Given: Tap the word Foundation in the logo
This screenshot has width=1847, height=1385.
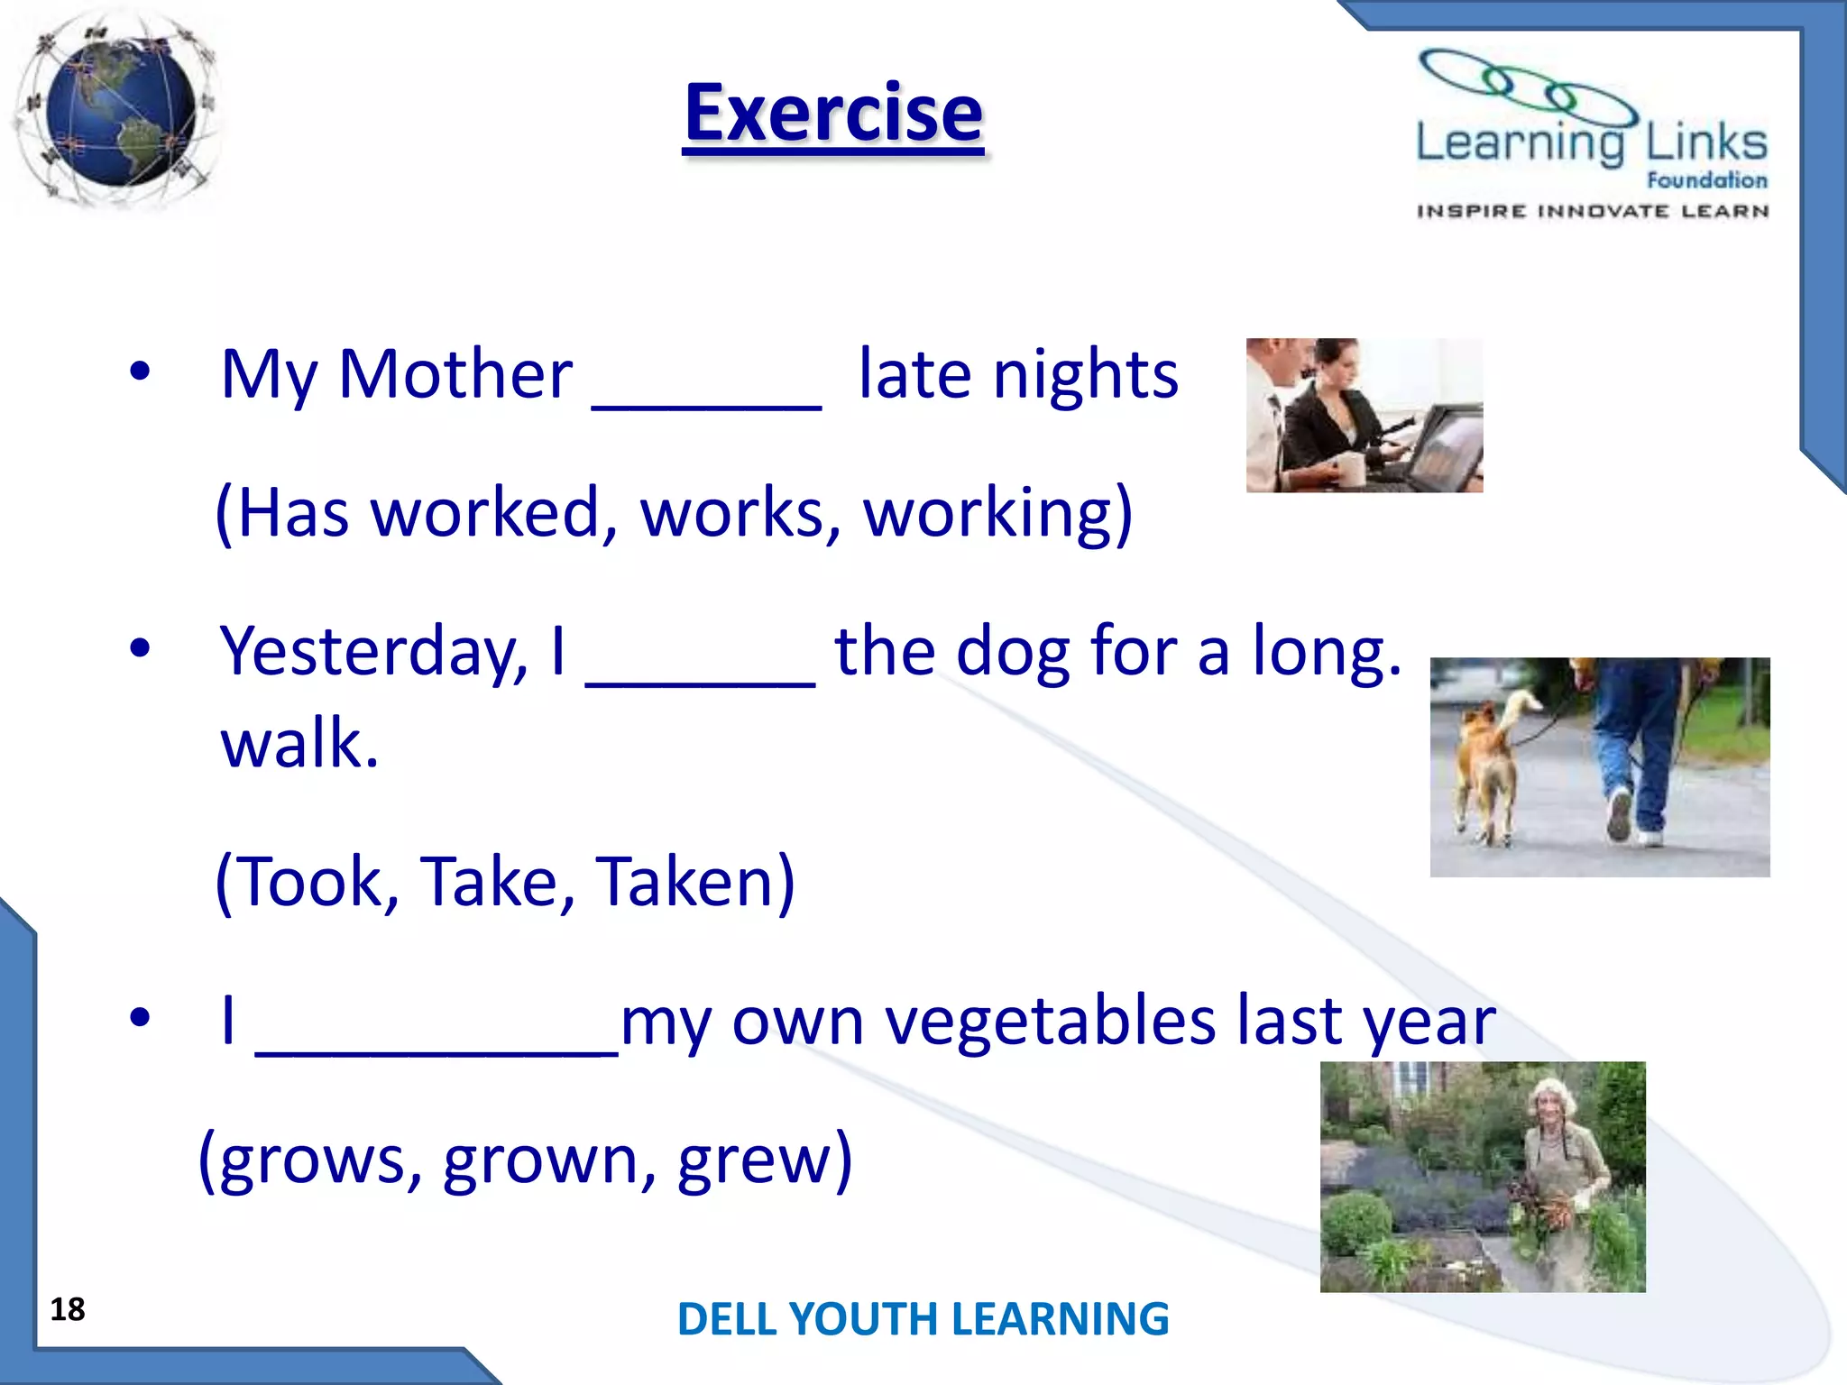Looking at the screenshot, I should pyautogui.click(x=1706, y=180).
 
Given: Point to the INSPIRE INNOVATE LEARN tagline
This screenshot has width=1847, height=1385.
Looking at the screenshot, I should pyautogui.click(x=1592, y=211).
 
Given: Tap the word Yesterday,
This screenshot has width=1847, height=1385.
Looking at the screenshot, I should pyautogui.click(x=373, y=651).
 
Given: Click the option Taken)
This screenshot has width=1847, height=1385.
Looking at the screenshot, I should pyautogui.click(x=694, y=882).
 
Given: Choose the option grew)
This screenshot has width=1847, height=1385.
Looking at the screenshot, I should pyautogui.click(x=764, y=1160).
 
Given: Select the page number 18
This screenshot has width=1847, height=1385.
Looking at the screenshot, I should pyautogui.click(x=68, y=1309).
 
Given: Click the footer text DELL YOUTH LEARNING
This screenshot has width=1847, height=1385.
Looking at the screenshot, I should pyautogui.click(x=923, y=1319).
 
